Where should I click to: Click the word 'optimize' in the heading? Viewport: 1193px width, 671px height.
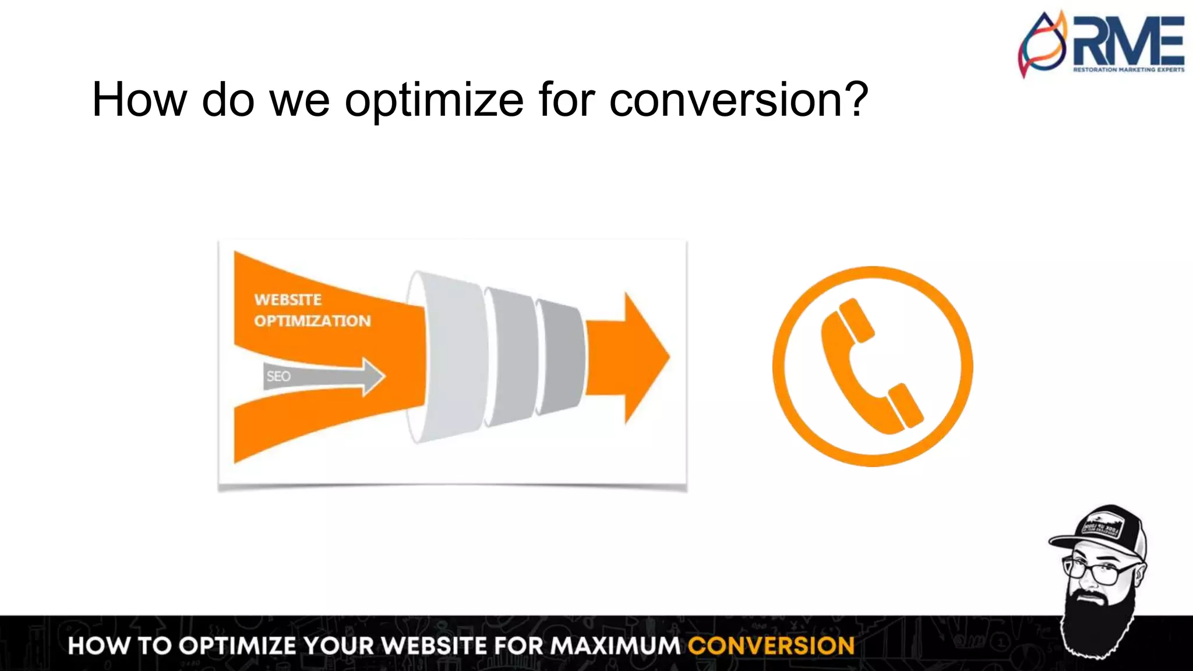pyautogui.click(x=433, y=100)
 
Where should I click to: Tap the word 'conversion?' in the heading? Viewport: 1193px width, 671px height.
pyautogui.click(x=739, y=100)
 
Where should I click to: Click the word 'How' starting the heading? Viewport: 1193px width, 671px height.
pyautogui.click(x=139, y=100)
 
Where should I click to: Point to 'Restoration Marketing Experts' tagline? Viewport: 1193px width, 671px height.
pyautogui.click(x=1128, y=70)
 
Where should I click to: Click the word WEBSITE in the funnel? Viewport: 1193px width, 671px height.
pyautogui.click(x=288, y=300)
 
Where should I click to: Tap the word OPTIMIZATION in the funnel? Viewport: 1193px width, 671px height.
pyautogui.click(x=312, y=321)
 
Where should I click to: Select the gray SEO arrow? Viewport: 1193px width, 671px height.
pyautogui.click(x=323, y=377)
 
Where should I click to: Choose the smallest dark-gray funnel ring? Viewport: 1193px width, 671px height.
pyautogui.click(x=560, y=356)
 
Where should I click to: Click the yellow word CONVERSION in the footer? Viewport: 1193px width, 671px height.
pyautogui.click(x=771, y=646)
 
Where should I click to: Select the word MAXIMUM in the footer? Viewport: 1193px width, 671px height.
pyautogui.click(x=615, y=646)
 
